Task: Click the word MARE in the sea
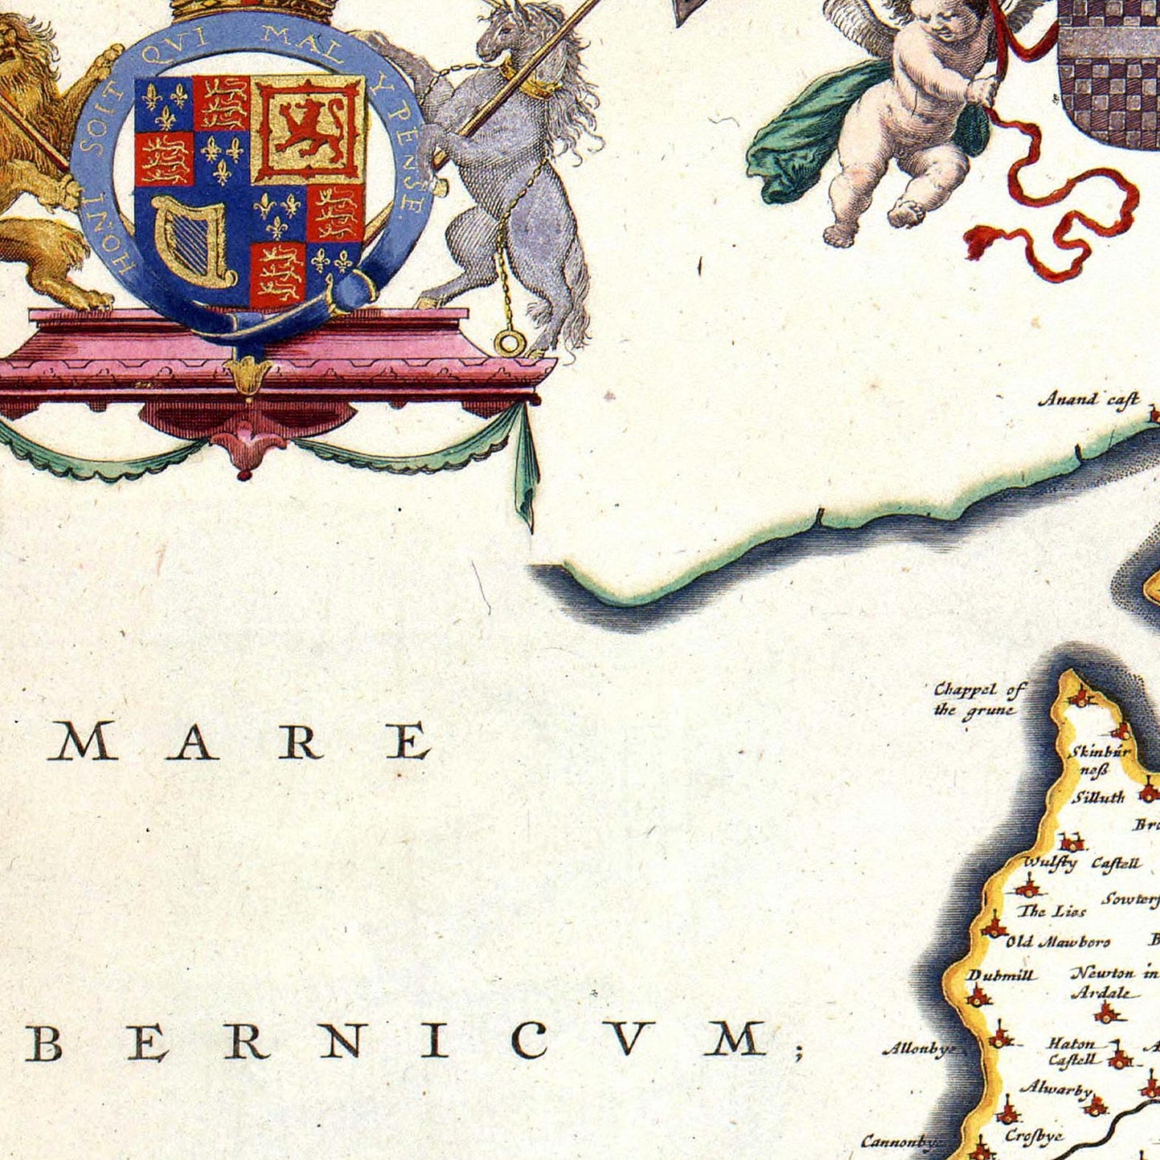click(238, 742)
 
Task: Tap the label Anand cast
click(1089, 399)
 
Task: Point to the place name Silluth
click(1098, 797)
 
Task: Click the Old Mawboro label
click(1058, 942)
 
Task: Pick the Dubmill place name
click(1001, 975)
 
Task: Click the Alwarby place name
click(1056, 1089)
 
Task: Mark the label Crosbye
click(1034, 1136)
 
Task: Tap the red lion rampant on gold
click(308, 128)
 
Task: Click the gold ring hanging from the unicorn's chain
click(509, 343)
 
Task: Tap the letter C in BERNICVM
click(529, 1041)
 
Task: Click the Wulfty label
click(1050, 863)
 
